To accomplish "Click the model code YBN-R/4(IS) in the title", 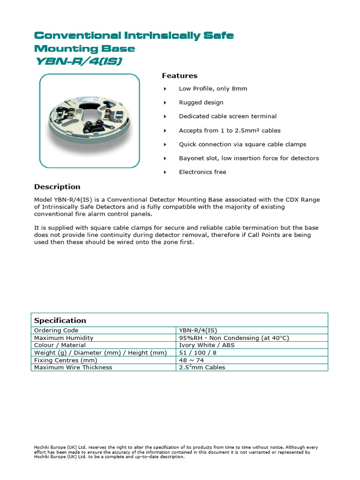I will coord(79,61).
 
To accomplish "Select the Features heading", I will coord(180,75).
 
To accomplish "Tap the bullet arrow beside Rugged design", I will coord(165,103).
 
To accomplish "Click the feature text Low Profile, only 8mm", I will coord(213,89).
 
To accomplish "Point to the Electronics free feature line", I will coord(202,172).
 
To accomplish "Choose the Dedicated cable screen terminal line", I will coord(228,116).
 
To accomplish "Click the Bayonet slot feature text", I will coord(248,158).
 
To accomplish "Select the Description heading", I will coord(57,187).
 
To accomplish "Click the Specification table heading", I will coord(60,321).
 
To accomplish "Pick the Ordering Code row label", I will coord(55,330).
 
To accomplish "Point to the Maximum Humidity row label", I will coord(64,337).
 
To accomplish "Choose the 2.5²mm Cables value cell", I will coord(202,367).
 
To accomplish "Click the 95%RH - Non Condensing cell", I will coord(234,337).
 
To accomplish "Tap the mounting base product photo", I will coord(89,120).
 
